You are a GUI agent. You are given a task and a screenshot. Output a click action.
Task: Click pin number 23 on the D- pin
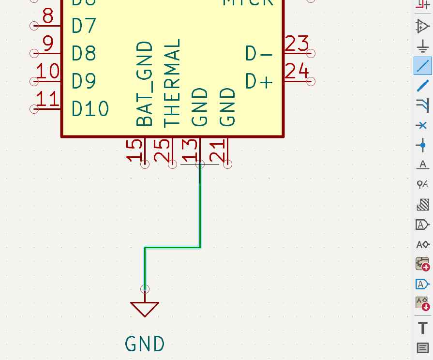297,44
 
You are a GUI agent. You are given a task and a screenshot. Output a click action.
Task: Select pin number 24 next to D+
297,72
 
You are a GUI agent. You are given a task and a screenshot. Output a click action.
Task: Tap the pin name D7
84,26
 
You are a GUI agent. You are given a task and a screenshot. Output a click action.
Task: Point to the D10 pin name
90,109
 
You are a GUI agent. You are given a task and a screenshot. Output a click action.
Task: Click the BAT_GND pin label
145,84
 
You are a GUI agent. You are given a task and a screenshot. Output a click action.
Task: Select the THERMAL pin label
172,82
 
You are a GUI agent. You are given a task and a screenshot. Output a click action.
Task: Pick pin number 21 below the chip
219,150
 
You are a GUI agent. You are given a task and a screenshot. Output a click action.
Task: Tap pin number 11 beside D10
48,100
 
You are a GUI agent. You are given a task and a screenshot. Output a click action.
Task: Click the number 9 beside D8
48,44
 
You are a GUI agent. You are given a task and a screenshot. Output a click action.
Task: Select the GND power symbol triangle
145,308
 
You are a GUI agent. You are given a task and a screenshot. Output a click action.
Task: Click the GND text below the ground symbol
145,344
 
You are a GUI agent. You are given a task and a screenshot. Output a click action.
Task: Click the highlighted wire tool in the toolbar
422,65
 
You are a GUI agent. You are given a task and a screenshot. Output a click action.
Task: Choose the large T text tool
422,328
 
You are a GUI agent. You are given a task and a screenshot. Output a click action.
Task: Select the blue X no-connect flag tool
422,125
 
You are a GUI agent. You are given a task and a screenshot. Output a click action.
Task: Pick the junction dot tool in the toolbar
422,145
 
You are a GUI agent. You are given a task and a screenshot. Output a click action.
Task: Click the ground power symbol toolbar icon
422,46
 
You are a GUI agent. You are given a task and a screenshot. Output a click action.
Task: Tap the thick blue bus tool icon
422,86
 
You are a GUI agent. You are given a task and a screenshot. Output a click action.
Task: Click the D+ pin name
259,82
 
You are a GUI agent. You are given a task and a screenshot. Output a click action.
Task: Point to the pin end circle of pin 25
173,165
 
